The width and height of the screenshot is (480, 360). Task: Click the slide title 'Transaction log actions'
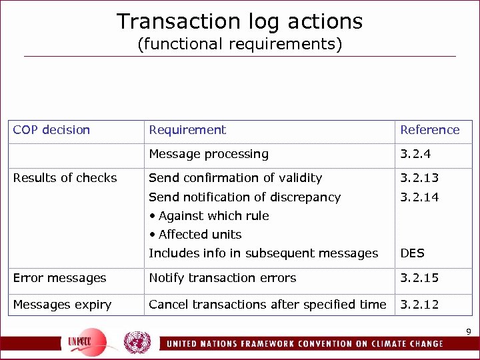pyautogui.click(x=240, y=21)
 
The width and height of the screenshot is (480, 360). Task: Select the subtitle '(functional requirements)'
pyautogui.click(x=240, y=45)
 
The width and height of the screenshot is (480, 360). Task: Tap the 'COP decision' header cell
pyautogui.click(x=51, y=130)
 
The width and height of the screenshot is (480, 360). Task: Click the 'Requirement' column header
pyautogui.click(x=187, y=130)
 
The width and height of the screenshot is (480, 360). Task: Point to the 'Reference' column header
pyautogui.click(x=429, y=130)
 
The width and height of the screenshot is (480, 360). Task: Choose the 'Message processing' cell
pyautogui.click(x=209, y=154)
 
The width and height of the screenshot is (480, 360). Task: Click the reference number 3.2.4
pyautogui.click(x=415, y=154)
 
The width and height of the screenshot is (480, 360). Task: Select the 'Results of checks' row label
pyautogui.click(x=65, y=178)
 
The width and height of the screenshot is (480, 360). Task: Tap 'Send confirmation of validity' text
pyautogui.click(x=235, y=178)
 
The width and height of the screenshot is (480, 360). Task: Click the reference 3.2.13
pyautogui.click(x=419, y=178)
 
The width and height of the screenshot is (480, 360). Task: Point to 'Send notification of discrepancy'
pyautogui.click(x=245, y=197)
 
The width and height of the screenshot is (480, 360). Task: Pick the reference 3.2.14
pyautogui.click(x=419, y=197)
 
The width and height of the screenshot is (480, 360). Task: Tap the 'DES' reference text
pyautogui.click(x=412, y=253)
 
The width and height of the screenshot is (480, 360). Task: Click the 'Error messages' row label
pyautogui.click(x=59, y=278)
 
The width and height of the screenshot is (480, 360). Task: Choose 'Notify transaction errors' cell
pyautogui.click(x=222, y=278)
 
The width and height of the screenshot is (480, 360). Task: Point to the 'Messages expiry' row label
pyautogui.click(x=62, y=305)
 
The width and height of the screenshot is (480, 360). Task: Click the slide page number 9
pyautogui.click(x=468, y=332)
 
